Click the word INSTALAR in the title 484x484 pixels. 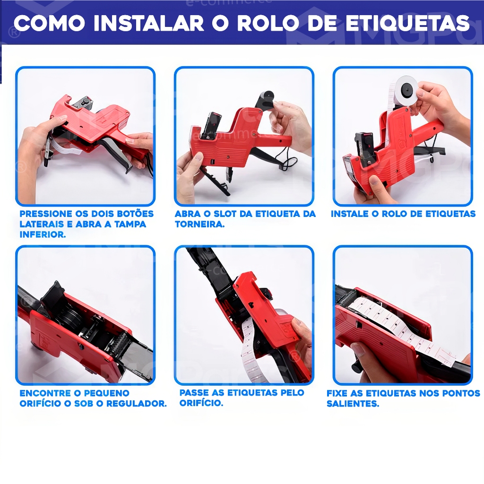[148, 23]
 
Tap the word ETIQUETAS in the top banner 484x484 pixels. [407, 23]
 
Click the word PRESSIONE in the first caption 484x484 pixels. [45, 214]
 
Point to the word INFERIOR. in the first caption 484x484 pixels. [43, 234]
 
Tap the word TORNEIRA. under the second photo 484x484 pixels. [199, 224]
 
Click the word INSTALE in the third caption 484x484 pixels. [349, 214]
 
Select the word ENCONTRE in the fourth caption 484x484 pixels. [45, 393]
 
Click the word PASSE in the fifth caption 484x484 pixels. [194, 393]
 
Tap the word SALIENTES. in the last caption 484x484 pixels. [353, 404]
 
